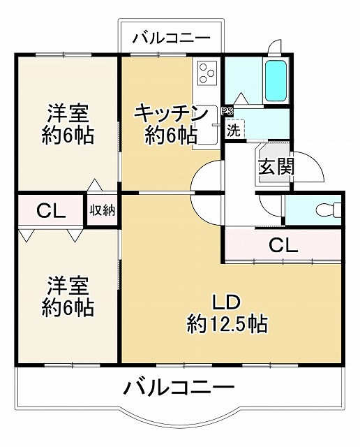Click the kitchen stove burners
pyautogui.click(x=207, y=72)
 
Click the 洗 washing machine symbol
pyautogui.click(x=234, y=129)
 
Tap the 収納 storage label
pyautogui.click(x=102, y=210)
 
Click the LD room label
pyautogui.click(x=226, y=302)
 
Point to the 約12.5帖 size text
pyautogui.click(x=227, y=324)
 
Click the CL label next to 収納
pyautogui.click(x=50, y=210)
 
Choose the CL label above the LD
pyautogui.click(x=283, y=245)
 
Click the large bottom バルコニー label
pyautogui.click(x=180, y=386)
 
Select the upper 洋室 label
pyautogui.click(x=68, y=112)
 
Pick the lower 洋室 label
pyautogui.click(x=68, y=286)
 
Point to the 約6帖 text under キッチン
pyautogui.click(x=170, y=135)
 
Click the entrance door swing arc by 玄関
pyautogui.click(x=307, y=166)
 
